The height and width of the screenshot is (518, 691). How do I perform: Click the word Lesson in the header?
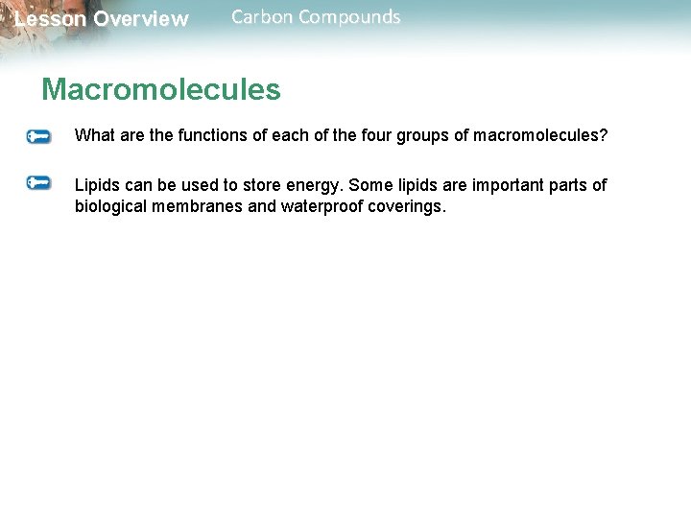(50, 19)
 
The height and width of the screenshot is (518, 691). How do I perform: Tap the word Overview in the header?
(141, 19)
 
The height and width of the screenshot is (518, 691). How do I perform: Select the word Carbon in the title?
(262, 17)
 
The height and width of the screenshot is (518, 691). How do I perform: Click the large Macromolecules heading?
(161, 90)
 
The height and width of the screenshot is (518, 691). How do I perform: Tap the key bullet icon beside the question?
(39, 137)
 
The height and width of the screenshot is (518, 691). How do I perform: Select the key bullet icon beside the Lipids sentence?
(39, 183)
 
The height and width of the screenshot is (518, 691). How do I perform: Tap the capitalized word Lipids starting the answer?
(97, 185)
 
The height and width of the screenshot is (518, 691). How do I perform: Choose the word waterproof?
(322, 205)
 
